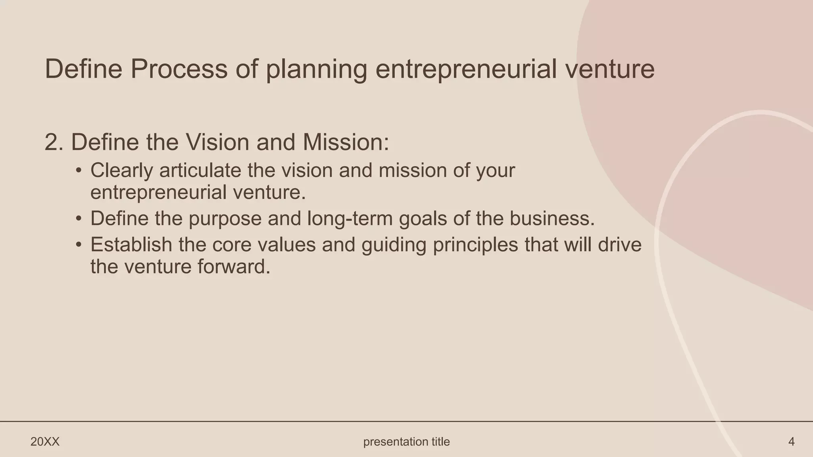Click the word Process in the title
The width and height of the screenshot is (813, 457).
click(179, 69)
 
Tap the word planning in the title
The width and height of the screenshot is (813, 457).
click(316, 69)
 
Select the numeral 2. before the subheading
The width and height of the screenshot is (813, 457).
click(54, 142)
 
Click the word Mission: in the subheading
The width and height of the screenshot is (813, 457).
click(345, 142)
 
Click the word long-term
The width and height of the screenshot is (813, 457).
click(350, 219)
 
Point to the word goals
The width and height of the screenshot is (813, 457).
click(423, 219)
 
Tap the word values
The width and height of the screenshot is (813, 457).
click(287, 244)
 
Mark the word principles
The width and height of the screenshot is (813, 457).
click(476, 245)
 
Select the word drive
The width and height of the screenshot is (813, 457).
click(620, 244)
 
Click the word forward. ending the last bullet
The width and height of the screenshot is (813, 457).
click(234, 267)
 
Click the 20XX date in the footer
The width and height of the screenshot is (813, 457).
click(45, 442)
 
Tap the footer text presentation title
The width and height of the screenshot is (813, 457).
click(406, 442)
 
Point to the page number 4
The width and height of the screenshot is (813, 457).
click(791, 442)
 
